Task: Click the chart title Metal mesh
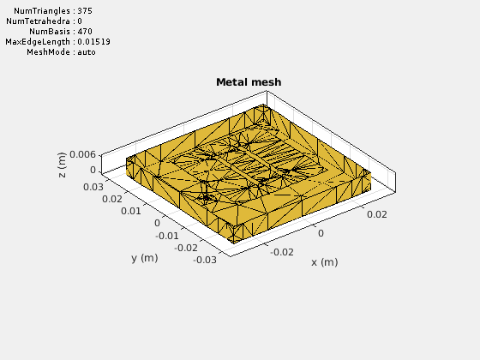click(249, 82)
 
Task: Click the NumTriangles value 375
click(85, 11)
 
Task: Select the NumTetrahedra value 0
click(80, 21)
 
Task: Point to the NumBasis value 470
click(85, 32)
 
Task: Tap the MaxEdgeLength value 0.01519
click(93, 42)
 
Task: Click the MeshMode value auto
click(87, 52)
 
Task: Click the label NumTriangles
click(42, 11)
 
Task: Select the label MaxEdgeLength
click(38, 42)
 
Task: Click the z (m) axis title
click(62, 165)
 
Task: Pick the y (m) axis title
click(145, 258)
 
